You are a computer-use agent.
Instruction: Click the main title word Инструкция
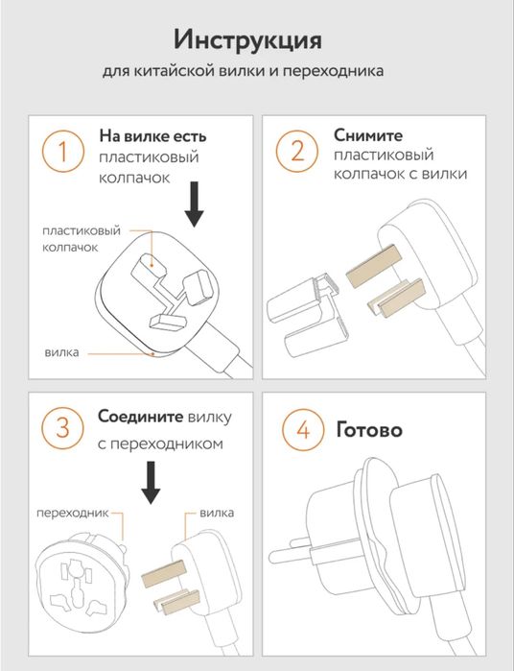click(247, 40)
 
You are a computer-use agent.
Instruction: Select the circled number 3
click(63, 428)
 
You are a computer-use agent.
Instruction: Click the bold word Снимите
click(368, 135)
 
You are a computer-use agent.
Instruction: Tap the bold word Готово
click(369, 429)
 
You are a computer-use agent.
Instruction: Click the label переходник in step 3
click(73, 513)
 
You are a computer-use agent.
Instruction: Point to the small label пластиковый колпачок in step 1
click(81, 239)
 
